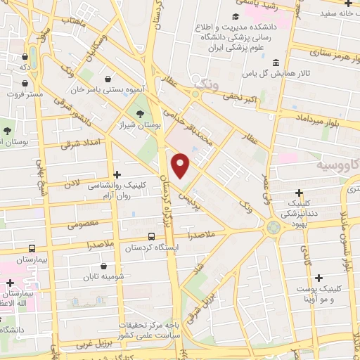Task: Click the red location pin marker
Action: pos(181,166)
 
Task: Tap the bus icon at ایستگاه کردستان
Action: pos(153,236)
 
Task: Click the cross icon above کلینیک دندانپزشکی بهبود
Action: pos(300,192)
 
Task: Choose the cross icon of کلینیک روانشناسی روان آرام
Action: pos(117,174)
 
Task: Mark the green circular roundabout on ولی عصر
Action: pos(272,227)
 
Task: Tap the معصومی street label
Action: pos(83,225)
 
